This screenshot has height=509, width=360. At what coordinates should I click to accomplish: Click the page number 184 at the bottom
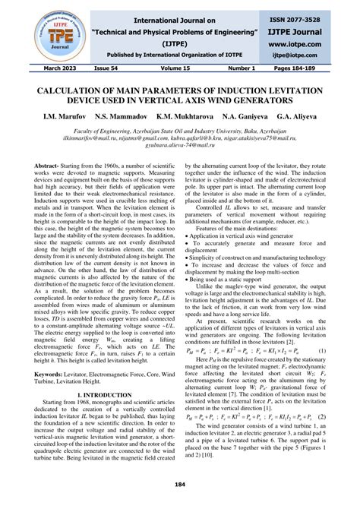(180, 484)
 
